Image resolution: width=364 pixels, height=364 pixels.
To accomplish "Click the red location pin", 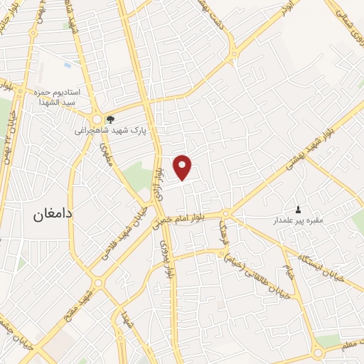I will [x=183, y=167].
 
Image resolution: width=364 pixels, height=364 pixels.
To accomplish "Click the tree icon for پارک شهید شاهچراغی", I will [x=109, y=119].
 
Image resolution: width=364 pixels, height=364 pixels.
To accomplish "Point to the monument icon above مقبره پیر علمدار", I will [x=297, y=209].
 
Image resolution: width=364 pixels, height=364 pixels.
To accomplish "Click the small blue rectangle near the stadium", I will [x=68, y=65].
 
